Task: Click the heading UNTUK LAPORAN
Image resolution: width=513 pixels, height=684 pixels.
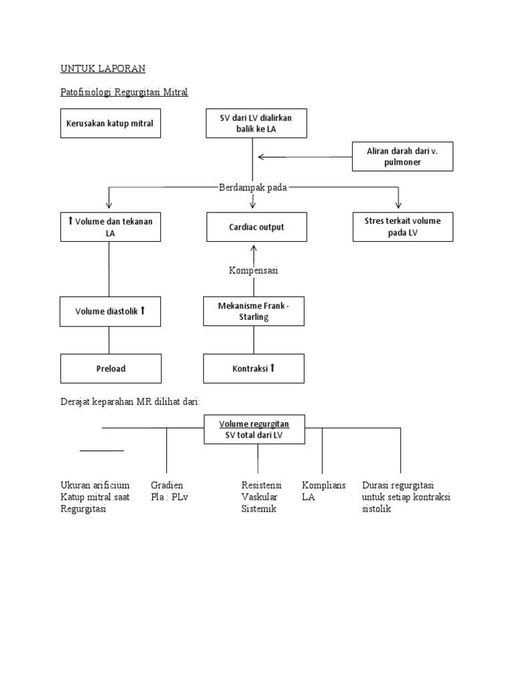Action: tap(103, 69)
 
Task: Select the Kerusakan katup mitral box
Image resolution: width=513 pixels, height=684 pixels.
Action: tap(110, 124)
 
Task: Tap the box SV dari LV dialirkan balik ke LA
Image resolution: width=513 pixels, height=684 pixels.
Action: tap(256, 124)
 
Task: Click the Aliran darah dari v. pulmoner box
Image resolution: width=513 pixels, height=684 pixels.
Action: tap(402, 157)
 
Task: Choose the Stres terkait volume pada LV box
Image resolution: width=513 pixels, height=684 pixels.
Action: tap(403, 227)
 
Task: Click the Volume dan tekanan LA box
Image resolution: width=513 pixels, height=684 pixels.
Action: tap(110, 227)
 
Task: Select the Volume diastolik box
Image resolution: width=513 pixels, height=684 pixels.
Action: tap(110, 311)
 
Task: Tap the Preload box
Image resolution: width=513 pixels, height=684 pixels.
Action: tap(110, 369)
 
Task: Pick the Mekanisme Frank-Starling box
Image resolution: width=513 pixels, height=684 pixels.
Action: tap(254, 311)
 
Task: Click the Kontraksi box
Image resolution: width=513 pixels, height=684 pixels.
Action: tap(254, 369)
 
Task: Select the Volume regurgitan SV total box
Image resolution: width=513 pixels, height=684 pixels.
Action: tap(254, 430)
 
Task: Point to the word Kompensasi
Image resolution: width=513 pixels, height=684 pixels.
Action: tap(253, 271)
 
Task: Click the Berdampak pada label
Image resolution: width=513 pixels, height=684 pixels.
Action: tap(253, 188)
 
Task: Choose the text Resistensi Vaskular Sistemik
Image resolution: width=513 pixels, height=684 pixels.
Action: tap(261, 497)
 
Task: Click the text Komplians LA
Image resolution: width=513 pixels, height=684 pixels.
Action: tap(323, 491)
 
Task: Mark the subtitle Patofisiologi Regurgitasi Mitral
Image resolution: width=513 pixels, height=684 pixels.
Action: tap(124, 92)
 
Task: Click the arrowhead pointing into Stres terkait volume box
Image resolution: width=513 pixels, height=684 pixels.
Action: tap(399, 205)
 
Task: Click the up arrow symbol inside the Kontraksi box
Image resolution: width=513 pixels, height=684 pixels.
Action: tap(273, 368)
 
